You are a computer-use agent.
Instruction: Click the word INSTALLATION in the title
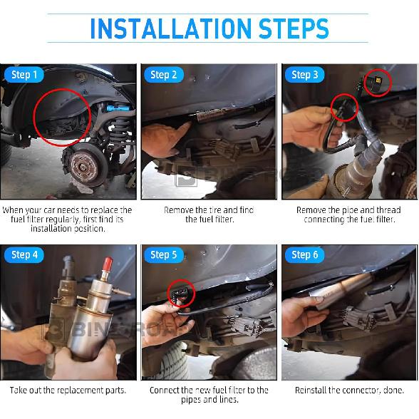pyautogui.click(x=171, y=29)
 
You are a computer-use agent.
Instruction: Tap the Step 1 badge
pyautogui.click(x=24, y=75)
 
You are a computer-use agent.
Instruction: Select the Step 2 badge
pyautogui.click(x=164, y=75)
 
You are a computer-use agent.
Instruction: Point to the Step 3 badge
pyautogui.click(x=305, y=75)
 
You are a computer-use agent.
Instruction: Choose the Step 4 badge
pyautogui.click(x=24, y=255)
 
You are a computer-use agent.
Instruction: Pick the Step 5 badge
pyautogui.click(x=164, y=255)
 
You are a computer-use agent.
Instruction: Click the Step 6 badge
pyautogui.click(x=305, y=255)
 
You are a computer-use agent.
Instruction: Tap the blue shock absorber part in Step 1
pyautogui.click(x=118, y=108)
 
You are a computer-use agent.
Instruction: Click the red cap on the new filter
pyautogui.click(x=108, y=264)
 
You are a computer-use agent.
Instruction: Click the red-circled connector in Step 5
pyautogui.click(x=180, y=294)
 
